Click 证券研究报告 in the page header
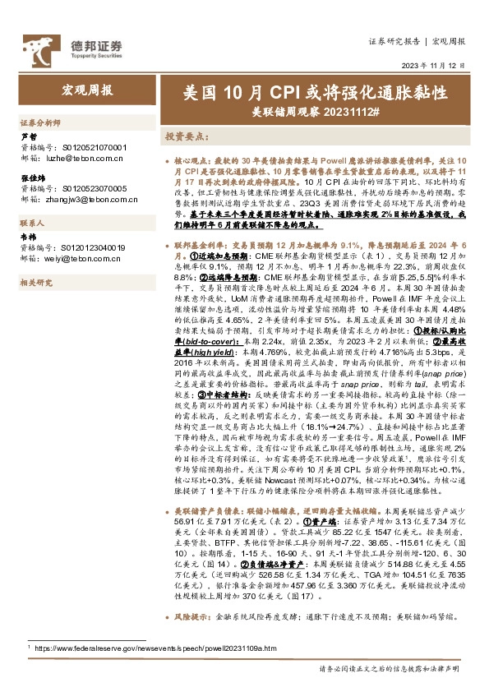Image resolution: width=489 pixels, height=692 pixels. pos(395,40)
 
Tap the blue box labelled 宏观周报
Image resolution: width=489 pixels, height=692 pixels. pos(88,90)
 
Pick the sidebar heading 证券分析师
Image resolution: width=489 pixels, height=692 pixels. pos(40,122)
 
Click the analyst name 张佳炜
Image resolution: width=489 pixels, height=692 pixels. pos(32,178)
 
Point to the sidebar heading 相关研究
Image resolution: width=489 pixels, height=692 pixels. pos(35,283)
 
